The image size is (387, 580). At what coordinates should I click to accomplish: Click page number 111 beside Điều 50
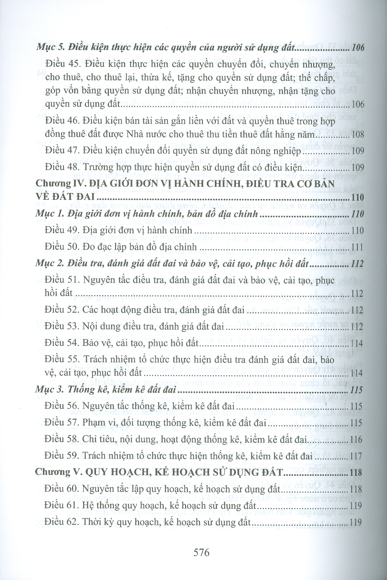[x=357, y=247]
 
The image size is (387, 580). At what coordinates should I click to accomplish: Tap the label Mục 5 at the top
[x=49, y=47]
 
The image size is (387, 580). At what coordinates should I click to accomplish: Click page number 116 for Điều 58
[x=357, y=440]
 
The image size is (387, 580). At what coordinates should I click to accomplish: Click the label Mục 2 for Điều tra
[x=49, y=264]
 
